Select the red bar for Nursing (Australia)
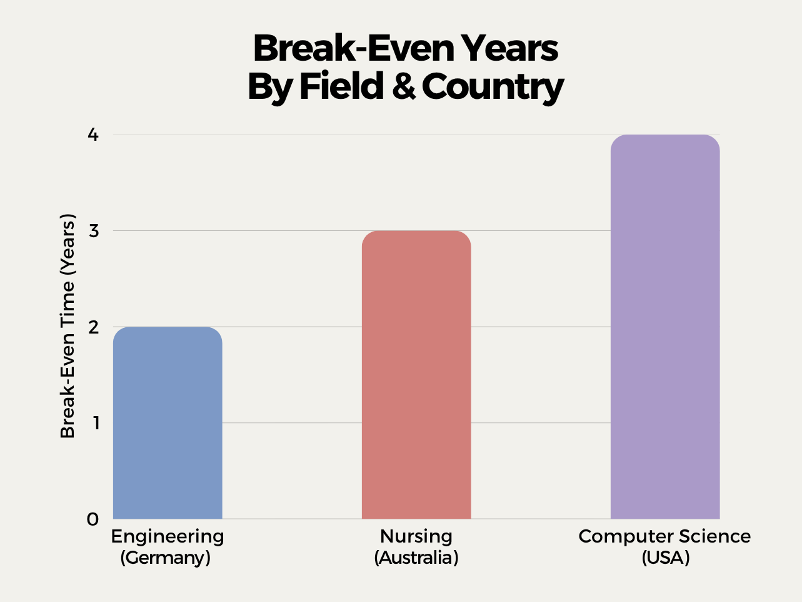tap(416, 375)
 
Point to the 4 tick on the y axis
tap(93, 135)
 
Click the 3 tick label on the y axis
tap(93, 231)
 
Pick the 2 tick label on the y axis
tap(93, 327)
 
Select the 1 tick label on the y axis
tap(94, 423)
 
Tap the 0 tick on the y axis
tap(93, 519)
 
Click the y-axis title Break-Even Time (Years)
tap(68, 326)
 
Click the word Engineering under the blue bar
tap(168, 536)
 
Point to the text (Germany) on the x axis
tap(165, 558)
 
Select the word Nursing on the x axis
tap(416, 536)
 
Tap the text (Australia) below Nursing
tap(416, 558)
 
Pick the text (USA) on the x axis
tap(666, 558)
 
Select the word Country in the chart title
tap(493, 86)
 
